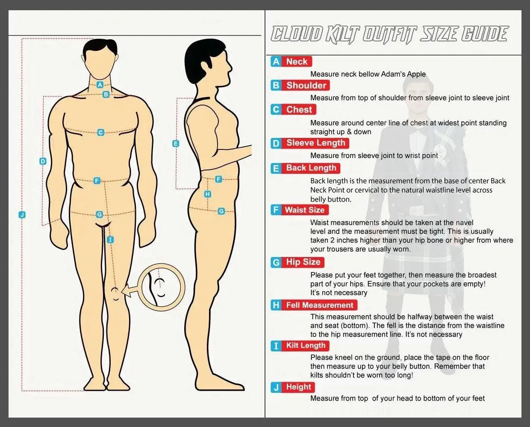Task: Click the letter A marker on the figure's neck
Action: coord(100,85)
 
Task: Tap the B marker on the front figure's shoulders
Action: coord(106,94)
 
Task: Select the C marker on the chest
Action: coord(100,132)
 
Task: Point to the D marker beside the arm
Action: coord(43,161)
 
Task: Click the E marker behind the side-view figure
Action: coord(176,143)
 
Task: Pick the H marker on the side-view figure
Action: coord(208,194)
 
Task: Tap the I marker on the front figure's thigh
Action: coord(110,240)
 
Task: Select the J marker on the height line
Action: coord(22,215)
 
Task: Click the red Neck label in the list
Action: coord(297,61)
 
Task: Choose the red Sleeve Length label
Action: coord(316,143)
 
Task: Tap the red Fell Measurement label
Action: coord(319,305)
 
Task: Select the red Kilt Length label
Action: coord(305,345)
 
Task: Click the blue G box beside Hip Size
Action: coord(276,262)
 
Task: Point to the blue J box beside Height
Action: coord(276,387)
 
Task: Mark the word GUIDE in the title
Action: coord(484,34)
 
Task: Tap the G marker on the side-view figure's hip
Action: coord(221,211)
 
